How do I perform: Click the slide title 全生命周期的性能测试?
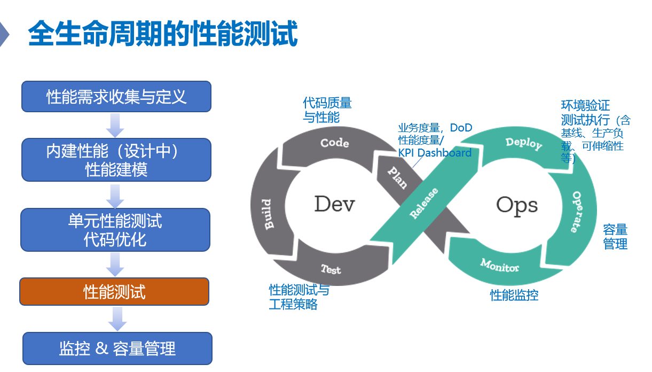(163, 33)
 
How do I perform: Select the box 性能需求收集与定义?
(116, 96)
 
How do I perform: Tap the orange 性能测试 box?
(114, 292)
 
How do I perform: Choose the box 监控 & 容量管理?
(117, 348)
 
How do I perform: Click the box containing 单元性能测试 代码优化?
(115, 230)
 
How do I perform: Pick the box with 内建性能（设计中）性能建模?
(116, 160)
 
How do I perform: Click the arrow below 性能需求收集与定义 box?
(115, 125)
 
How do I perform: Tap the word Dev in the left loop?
(334, 204)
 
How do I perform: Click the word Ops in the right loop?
(517, 205)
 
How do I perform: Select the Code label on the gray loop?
(335, 143)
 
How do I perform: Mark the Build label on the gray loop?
(268, 214)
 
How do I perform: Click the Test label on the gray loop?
(331, 269)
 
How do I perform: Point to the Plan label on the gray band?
(398, 177)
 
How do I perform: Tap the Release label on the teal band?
(424, 203)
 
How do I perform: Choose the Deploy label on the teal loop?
(524, 143)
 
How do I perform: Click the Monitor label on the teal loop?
(499, 265)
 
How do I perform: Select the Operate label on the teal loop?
(577, 212)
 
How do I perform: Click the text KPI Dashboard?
(435, 153)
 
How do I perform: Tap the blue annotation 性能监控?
(514, 295)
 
